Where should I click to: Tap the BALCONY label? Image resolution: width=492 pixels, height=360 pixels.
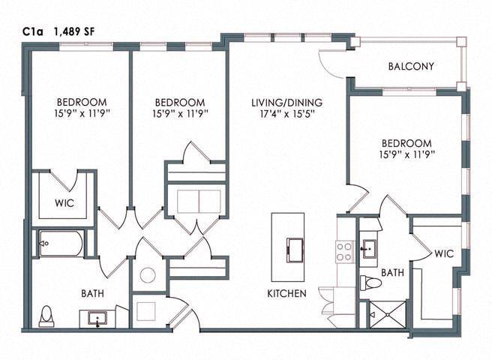point(411,67)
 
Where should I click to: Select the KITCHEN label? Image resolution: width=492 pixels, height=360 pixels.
point(286,294)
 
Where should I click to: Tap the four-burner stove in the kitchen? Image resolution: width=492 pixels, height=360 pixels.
point(345,250)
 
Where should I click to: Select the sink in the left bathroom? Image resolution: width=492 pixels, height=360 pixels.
point(98,318)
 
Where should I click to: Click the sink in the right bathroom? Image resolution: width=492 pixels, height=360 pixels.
point(370,250)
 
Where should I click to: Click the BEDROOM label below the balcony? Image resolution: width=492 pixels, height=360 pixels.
point(406,143)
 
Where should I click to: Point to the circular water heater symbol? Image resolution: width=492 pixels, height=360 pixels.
point(148,274)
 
